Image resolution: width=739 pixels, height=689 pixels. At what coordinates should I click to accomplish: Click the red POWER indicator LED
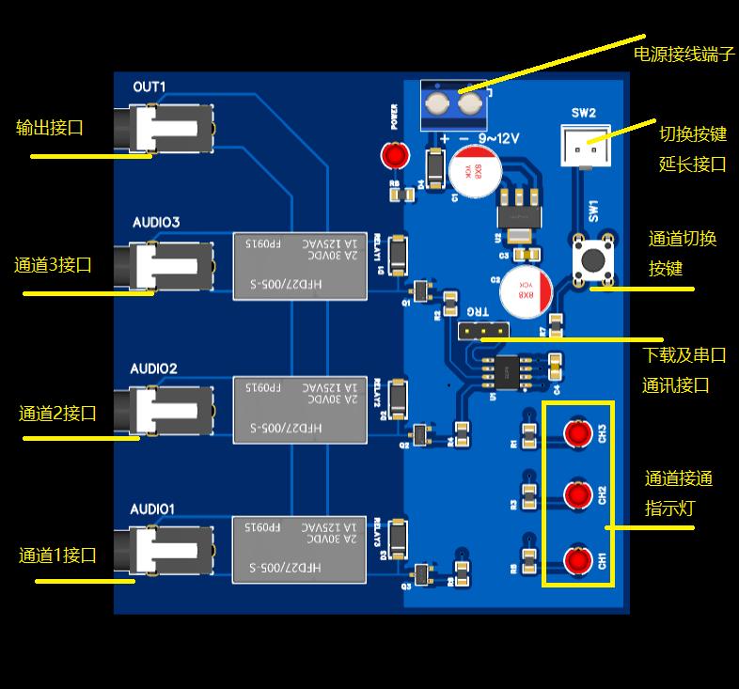coord(393,155)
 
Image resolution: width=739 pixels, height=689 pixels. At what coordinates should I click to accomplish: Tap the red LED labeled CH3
coord(576,433)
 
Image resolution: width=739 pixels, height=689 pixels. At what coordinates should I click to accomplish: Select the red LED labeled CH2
coord(576,495)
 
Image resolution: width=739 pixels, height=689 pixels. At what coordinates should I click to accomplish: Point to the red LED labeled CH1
coord(576,560)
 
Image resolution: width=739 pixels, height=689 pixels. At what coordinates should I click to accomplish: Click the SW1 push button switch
coord(593,258)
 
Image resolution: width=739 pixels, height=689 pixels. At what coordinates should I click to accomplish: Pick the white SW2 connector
coord(583,146)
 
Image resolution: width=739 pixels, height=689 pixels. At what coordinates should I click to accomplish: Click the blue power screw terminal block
coord(452,105)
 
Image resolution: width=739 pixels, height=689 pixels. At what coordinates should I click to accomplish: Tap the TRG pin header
coord(482,331)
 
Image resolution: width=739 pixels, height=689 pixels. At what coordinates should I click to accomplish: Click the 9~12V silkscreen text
coord(498,138)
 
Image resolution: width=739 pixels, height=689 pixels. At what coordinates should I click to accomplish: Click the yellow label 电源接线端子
coord(684,54)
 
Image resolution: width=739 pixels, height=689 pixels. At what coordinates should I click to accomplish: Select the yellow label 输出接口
coord(50,127)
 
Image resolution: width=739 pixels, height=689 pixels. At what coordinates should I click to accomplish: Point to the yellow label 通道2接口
coord(57,413)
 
